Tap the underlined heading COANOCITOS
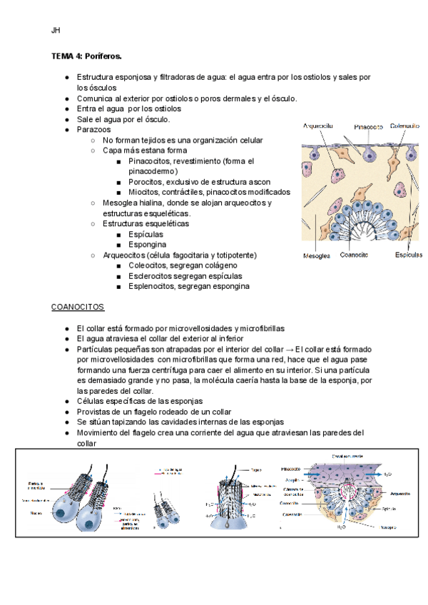point(78,307)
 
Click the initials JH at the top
point(56,31)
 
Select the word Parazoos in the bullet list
point(93,129)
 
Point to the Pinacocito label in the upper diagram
point(370,126)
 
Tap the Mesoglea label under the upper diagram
point(316,255)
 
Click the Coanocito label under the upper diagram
point(355,254)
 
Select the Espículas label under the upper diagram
point(409,254)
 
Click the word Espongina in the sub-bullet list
point(148,244)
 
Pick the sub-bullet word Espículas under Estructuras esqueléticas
point(146,233)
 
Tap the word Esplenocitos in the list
point(153,286)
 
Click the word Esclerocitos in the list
point(152,275)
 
